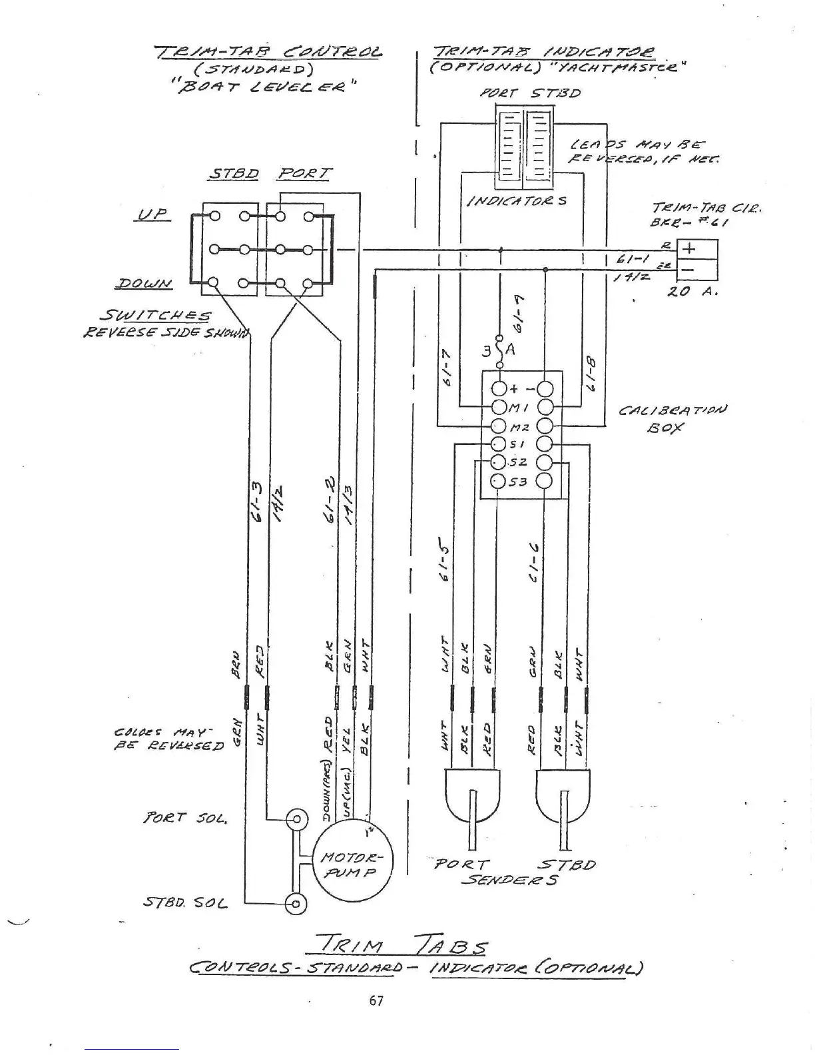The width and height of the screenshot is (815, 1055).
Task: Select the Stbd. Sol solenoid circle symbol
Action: tap(295, 903)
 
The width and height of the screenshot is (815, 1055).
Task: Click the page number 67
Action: tap(376, 1000)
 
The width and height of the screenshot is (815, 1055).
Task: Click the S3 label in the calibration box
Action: tap(518, 482)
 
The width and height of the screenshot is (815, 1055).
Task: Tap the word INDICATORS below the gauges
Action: tap(517, 200)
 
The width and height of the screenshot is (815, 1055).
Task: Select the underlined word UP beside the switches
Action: tap(153, 214)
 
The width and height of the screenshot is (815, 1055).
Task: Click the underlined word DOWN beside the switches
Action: tap(143, 284)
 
